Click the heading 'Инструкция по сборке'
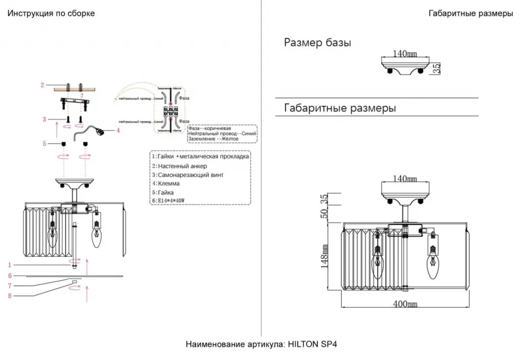pyautogui.click(x=51, y=13)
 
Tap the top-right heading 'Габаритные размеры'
pyautogui.click(x=471, y=14)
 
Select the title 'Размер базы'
pyautogui.click(x=317, y=43)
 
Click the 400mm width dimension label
pyautogui.click(x=405, y=304)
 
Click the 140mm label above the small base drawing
pyautogui.click(x=405, y=53)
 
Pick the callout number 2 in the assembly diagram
pyautogui.click(x=43, y=85)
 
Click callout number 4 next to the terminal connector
pyautogui.click(x=118, y=130)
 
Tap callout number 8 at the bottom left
pyautogui.click(x=9, y=295)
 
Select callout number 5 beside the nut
pyautogui.click(x=44, y=143)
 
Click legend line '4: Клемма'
pyautogui.click(x=165, y=183)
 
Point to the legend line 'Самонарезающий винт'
pyautogui.click(x=187, y=175)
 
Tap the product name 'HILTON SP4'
pyautogui.click(x=309, y=344)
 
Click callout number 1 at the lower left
pyautogui.click(x=9, y=265)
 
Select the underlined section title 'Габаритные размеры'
pyautogui.click(x=340, y=108)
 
